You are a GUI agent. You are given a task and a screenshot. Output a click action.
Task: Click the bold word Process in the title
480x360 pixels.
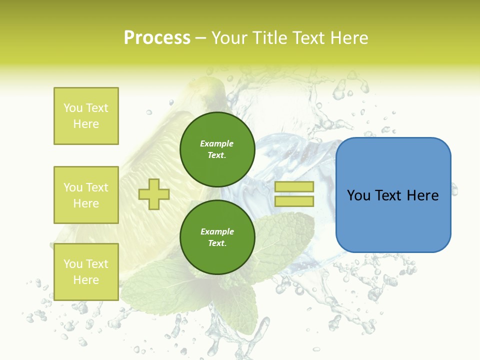pos(157,38)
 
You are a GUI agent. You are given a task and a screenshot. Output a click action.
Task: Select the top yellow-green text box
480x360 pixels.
pos(86,116)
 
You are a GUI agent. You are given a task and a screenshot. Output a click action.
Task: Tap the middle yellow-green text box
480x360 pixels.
pos(86,195)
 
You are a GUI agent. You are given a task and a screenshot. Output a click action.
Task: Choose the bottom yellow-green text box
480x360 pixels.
pos(86,272)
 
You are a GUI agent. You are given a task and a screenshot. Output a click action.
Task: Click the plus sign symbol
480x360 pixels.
pos(153,193)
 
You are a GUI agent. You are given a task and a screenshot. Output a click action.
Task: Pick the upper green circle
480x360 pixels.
pos(217,149)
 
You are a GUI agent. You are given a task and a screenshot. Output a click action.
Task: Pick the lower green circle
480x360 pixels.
pos(217,237)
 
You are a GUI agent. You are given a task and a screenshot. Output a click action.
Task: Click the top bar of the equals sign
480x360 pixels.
pos(294,186)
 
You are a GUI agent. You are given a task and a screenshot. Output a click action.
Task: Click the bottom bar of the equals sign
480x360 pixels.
pos(294,201)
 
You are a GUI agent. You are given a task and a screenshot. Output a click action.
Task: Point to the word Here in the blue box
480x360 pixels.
pos(422,195)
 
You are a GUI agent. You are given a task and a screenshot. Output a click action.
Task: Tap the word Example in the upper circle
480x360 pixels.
pos(217,144)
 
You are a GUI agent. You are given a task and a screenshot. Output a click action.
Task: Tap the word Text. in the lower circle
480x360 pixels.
pos(217,243)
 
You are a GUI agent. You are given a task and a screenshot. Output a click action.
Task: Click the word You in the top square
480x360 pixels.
pos(73,108)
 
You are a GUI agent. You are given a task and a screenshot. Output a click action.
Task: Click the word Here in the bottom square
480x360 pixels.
pos(86,280)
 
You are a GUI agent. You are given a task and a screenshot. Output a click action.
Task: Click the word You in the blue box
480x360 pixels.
pos(358,195)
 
